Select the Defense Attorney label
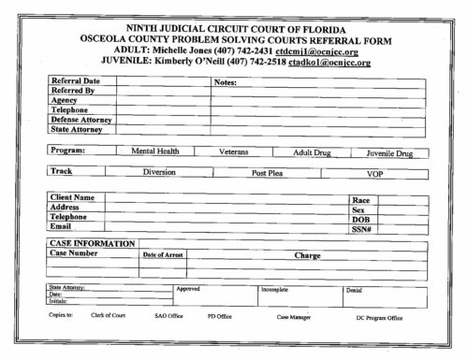tap(81, 120)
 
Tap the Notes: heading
tap(228, 82)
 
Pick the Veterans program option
tap(234, 151)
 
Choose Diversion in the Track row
tap(159, 173)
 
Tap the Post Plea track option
tap(269, 174)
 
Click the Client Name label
tap(72, 198)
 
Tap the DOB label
tap(360, 220)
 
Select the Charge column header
tap(307, 255)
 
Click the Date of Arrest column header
tap(162, 254)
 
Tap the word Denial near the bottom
tap(354, 290)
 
